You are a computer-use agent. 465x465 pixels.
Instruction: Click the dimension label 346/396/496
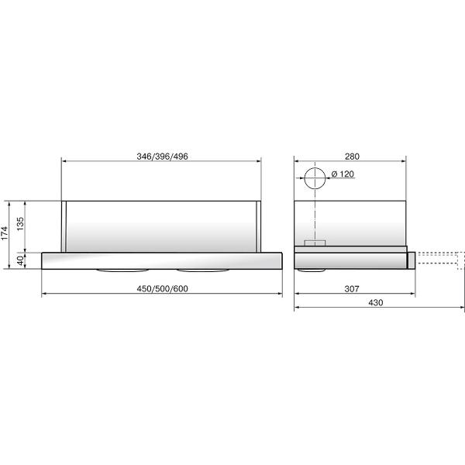click(161, 156)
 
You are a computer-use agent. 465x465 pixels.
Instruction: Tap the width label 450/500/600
click(161, 288)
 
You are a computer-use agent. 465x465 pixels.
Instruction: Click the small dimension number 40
click(22, 260)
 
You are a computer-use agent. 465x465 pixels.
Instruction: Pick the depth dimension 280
click(351, 156)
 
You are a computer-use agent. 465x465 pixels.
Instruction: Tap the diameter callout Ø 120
click(342, 174)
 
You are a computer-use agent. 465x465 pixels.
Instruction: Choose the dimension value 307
click(351, 288)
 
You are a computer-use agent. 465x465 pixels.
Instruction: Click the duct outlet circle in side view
click(315, 178)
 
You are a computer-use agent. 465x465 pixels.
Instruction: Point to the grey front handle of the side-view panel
click(412, 259)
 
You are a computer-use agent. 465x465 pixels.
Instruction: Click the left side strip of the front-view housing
click(67, 226)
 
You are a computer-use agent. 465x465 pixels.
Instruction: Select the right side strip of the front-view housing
click(255, 226)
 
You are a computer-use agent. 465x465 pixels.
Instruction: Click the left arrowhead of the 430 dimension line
click(297, 308)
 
